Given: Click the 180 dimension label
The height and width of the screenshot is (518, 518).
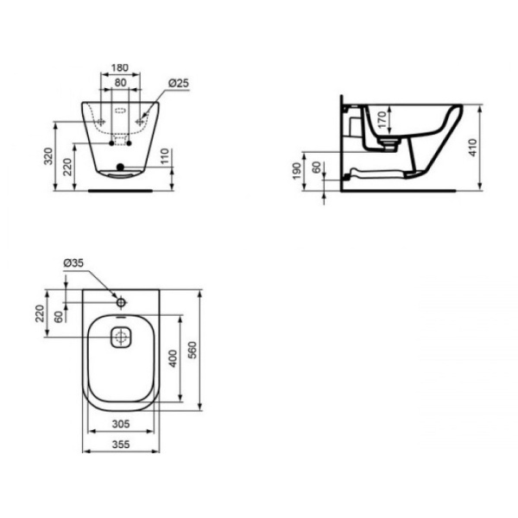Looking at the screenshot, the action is coord(120,67).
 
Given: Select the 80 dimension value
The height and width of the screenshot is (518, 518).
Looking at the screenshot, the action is coord(120,83).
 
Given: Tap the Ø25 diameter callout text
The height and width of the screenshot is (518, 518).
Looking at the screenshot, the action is coord(179,83).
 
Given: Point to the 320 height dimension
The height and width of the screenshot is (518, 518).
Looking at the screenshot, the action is coord(48,156).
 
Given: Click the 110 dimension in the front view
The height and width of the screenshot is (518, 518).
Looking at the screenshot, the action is coord(165,156).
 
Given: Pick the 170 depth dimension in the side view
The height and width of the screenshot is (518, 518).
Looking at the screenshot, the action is coord(382,120).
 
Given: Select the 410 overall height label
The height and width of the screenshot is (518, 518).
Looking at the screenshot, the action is coord(473,148).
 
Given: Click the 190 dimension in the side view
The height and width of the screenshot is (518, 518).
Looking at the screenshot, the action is coord(297,171).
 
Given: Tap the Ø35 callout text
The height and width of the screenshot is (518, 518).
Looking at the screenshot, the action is coord(73,263).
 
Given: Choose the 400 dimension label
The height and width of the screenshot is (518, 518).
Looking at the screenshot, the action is coord(174,358).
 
